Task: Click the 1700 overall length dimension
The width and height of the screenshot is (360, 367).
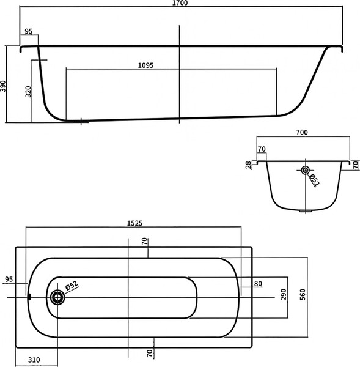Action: [x=180, y=4]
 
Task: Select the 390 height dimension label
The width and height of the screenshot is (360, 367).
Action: [x=4, y=85]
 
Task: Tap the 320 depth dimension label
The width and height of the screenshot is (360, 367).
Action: [x=28, y=92]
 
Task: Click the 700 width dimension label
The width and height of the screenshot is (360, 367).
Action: [x=302, y=132]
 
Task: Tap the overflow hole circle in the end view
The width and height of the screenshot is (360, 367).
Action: [x=304, y=170]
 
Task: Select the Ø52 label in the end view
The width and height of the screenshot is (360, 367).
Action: [x=314, y=180]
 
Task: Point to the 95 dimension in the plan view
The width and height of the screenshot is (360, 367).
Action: [x=9, y=280]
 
